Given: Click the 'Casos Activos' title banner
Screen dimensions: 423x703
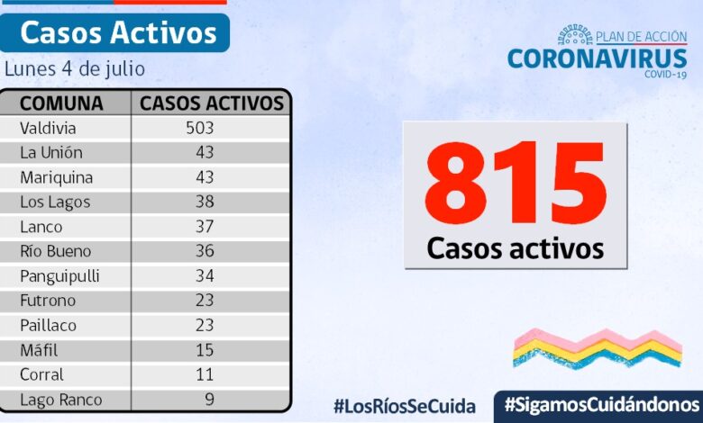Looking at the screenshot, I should (118, 33).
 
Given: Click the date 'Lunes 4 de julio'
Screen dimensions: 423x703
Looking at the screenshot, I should (75, 69).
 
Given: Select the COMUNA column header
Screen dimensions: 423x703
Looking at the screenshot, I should (61, 103).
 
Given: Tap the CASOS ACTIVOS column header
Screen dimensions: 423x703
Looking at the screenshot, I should (212, 103).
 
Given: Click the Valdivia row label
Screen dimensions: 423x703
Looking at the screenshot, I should (49, 128).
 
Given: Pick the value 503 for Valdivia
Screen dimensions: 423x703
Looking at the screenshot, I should (199, 128).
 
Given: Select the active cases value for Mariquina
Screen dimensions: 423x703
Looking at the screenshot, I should (205, 177).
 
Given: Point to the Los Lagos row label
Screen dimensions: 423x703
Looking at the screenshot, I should (55, 202).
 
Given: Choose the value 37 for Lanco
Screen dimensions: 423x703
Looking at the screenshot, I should (205, 227).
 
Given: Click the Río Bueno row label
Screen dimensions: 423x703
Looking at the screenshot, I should (56, 251).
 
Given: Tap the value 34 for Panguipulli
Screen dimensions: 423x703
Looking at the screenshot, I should (205, 275).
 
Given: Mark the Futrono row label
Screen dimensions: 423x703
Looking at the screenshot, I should (48, 301).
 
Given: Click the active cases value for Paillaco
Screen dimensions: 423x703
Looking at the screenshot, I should (205, 325).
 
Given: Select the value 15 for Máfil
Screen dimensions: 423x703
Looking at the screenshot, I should (205, 350).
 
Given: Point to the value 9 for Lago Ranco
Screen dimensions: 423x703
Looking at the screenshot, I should (209, 400).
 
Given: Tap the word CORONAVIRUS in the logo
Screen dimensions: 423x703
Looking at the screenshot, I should (597, 58).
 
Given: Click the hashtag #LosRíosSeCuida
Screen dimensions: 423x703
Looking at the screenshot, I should (404, 405).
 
